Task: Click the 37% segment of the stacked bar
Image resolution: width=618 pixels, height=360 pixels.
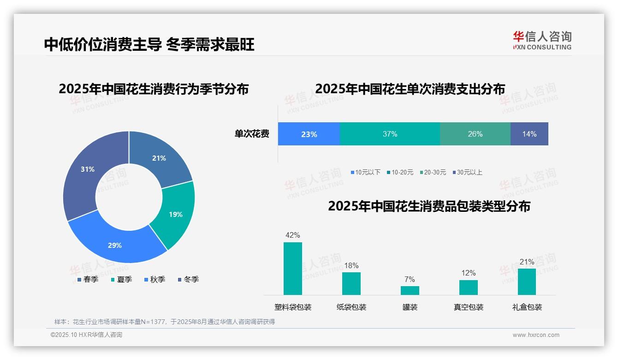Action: click(390, 134)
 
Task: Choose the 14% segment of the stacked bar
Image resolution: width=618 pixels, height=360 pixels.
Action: click(529, 134)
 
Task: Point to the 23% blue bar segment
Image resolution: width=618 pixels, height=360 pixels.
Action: click(309, 134)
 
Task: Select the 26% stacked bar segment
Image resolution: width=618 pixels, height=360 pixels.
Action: click(475, 134)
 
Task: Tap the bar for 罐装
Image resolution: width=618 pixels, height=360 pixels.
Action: click(410, 290)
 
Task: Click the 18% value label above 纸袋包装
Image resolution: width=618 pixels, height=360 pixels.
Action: click(351, 265)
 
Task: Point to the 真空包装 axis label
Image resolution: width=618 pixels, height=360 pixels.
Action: click(469, 307)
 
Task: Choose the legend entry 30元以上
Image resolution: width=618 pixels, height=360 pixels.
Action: click(469, 172)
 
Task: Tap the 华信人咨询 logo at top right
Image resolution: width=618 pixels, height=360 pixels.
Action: click(542, 40)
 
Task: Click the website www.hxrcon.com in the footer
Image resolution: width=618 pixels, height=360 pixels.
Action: click(536, 335)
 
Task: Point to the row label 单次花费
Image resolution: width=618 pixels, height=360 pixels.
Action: click(252, 134)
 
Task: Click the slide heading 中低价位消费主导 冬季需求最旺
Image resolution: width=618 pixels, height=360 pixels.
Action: click(149, 44)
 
